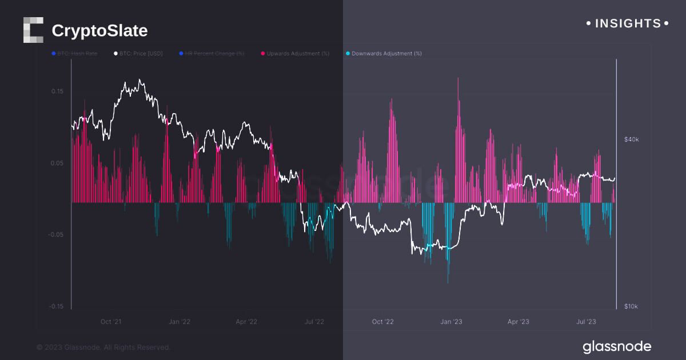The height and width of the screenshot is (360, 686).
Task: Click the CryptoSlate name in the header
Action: (x=99, y=30)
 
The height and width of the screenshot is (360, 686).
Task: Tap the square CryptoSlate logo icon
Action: (x=33, y=30)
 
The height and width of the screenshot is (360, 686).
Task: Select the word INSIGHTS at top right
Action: (x=628, y=23)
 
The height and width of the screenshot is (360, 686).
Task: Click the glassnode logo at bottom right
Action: (x=617, y=346)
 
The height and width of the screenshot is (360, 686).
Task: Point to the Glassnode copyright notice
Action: (x=103, y=347)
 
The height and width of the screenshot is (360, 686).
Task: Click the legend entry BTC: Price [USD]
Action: (x=138, y=53)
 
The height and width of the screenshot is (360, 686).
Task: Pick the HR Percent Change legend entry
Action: (x=212, y=53)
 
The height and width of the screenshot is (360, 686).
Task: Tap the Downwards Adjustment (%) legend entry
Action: (x=384, y=53)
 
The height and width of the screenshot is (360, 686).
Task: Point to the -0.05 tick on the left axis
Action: (x=55, y=234)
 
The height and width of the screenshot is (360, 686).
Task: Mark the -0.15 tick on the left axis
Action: (x=55, y=306)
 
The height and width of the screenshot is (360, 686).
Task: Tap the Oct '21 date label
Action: (x=111, y=322)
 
